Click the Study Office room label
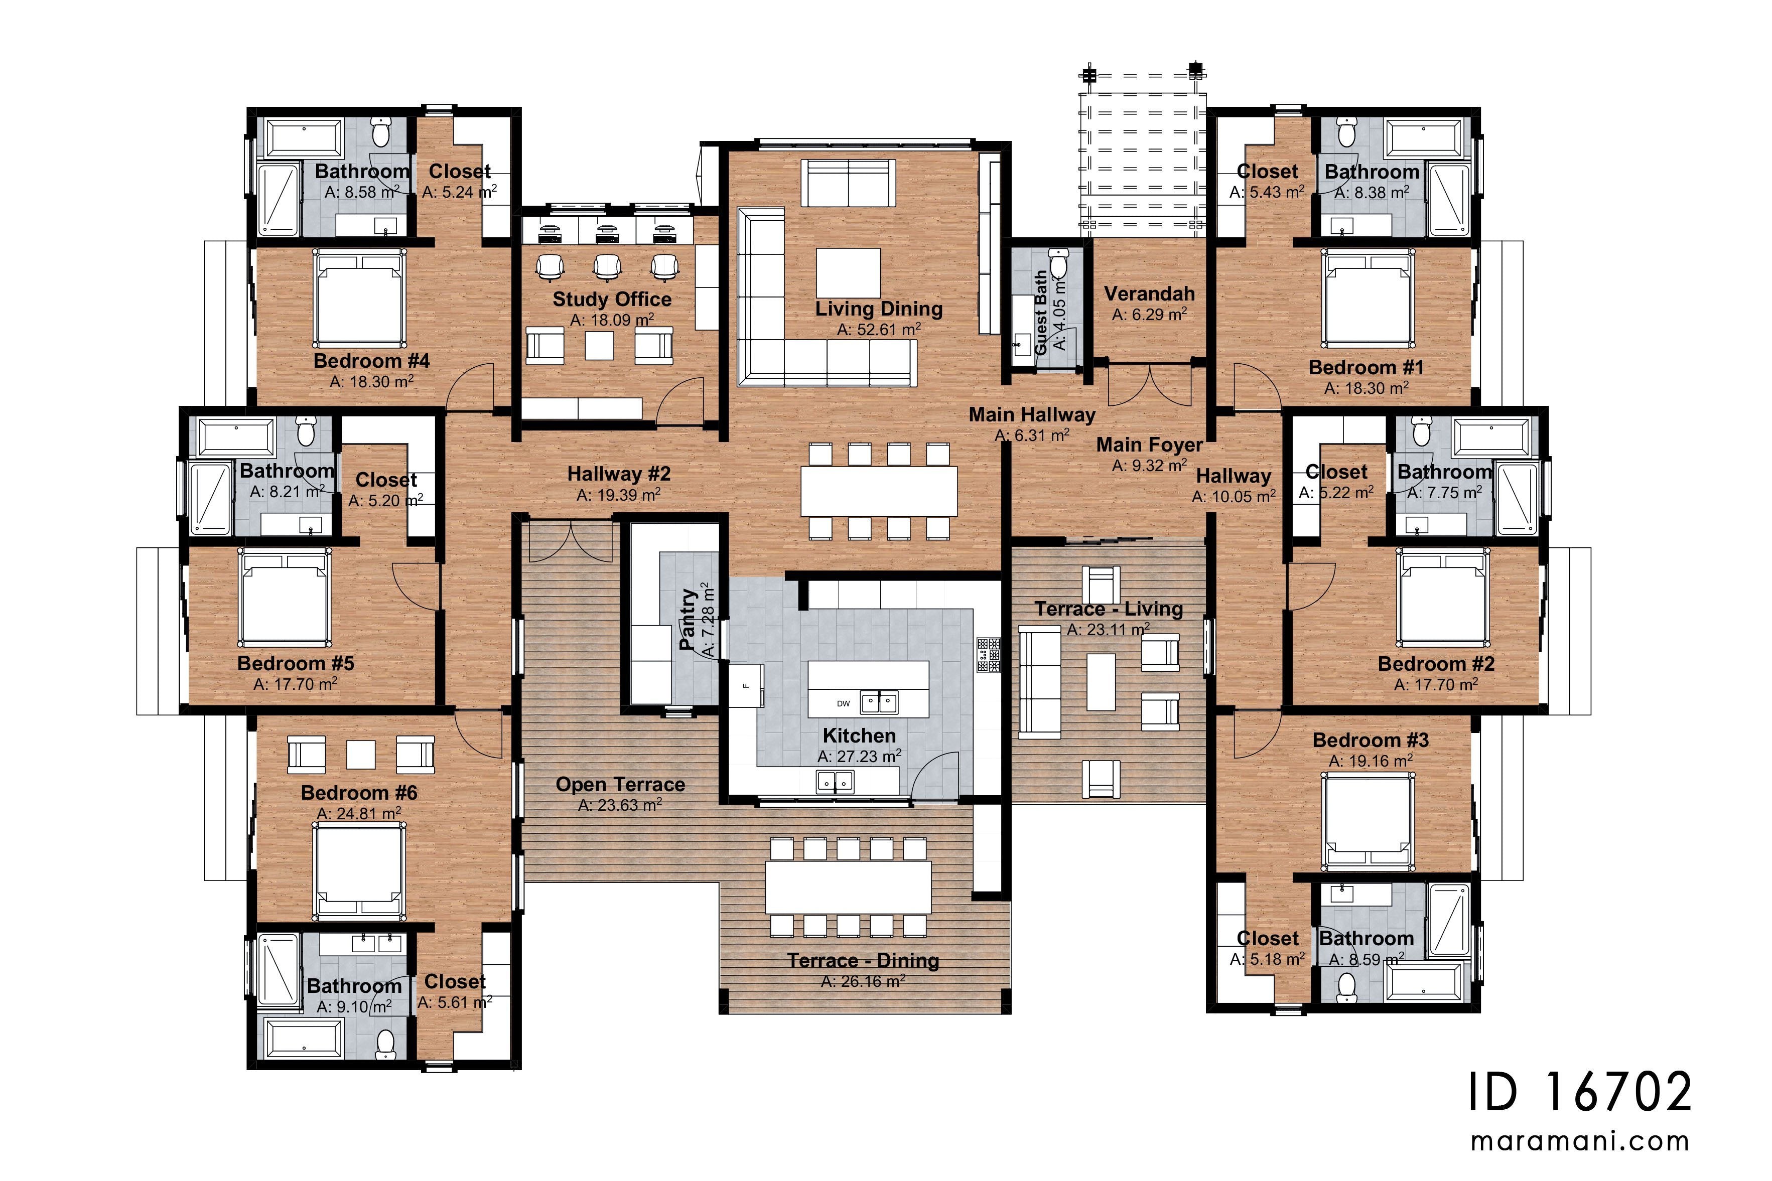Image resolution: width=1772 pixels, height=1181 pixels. [x=612, y=299]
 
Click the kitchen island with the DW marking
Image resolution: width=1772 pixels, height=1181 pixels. [x=868, y=688]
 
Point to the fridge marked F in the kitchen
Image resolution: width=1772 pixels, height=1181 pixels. [x=746, y=685]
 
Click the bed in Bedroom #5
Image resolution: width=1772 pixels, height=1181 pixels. [x=285, y=598]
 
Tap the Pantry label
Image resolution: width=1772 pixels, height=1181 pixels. [x=687, y=619]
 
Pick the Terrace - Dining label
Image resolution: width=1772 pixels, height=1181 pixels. [x=863, y=961]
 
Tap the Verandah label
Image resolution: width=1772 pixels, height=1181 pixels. [x=1149, y=293]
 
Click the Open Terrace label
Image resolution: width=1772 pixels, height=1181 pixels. [x=620, y=785]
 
